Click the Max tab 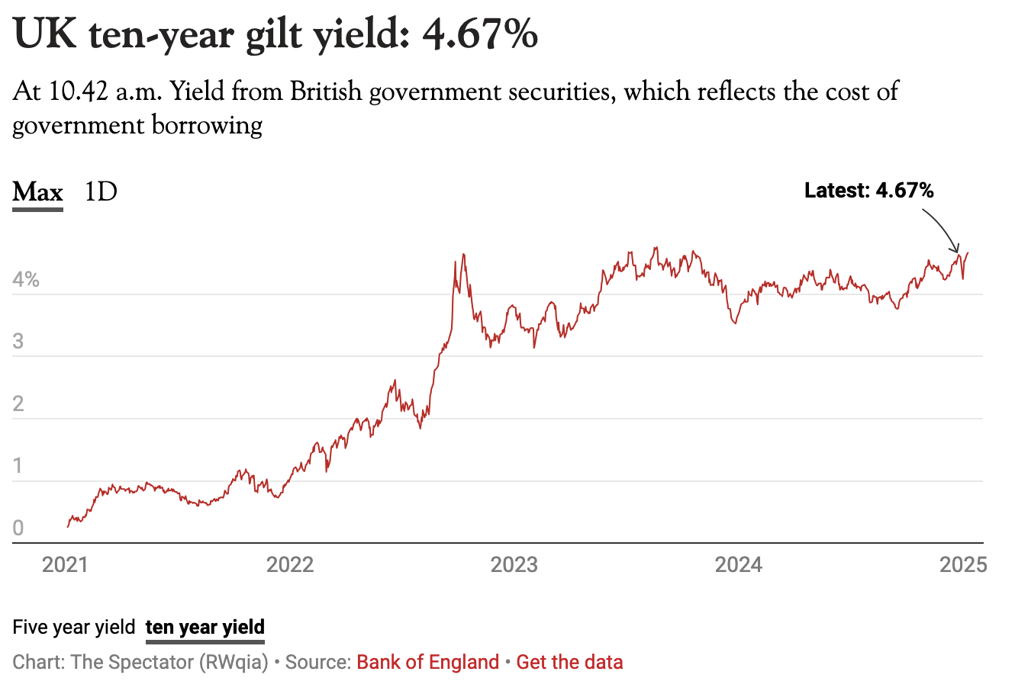coord(37,191)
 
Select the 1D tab coord(101,191)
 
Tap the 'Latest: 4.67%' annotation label coord(868,190)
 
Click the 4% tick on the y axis coord(26,279)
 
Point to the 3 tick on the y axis coord(18,341)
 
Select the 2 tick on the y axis coord(18,403)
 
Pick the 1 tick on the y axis coord(18,466)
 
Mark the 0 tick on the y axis coord(18,528)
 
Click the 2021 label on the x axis coord(65,565)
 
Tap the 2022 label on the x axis coord(289,565)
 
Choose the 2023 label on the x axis coord(514,565)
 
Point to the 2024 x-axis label coord(738,565)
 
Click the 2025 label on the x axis coord(963,565)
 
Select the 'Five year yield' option coord(74,628)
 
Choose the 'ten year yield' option coord(205,628)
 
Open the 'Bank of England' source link coord(427,662)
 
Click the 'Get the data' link coord(569,662)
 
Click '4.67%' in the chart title coord(480,35)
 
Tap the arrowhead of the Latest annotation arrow coord(956,250)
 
